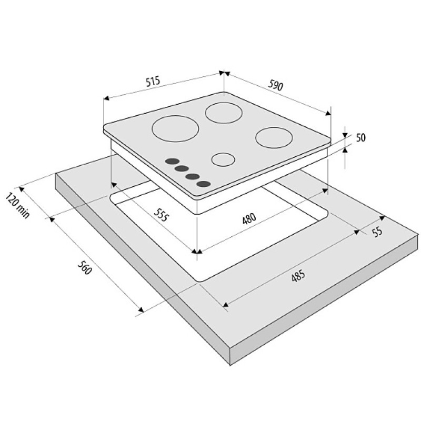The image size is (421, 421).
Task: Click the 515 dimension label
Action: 153,81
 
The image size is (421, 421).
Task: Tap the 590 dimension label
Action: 275,85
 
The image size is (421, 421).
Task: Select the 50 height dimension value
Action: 360,137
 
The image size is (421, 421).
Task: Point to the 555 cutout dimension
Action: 162,215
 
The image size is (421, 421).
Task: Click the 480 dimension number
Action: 249,218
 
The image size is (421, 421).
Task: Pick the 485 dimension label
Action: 298,276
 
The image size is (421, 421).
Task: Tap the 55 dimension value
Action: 377,232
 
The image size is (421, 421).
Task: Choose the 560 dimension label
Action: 85,268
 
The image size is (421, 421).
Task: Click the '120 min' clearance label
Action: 17,205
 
